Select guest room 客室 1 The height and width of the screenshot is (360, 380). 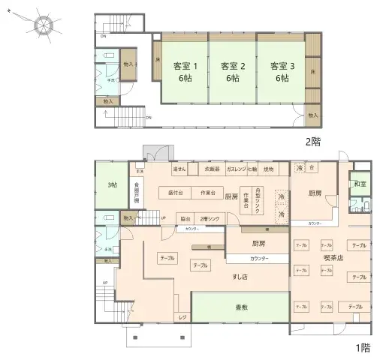182,70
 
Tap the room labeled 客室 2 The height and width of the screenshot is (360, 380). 231,70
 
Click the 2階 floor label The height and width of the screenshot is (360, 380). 314,141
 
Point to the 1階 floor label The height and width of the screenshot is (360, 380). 362,348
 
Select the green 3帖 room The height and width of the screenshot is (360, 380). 111,184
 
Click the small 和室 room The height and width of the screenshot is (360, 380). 359,183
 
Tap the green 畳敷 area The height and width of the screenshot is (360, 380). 241,307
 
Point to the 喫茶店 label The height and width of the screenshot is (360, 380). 333,258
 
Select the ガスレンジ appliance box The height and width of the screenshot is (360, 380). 235,169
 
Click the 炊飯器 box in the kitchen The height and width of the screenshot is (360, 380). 212,169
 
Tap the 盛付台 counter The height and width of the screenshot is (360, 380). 177,193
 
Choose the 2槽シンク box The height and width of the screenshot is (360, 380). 210,218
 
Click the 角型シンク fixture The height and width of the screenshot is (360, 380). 259,200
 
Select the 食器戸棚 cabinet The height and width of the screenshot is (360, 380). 137,192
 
